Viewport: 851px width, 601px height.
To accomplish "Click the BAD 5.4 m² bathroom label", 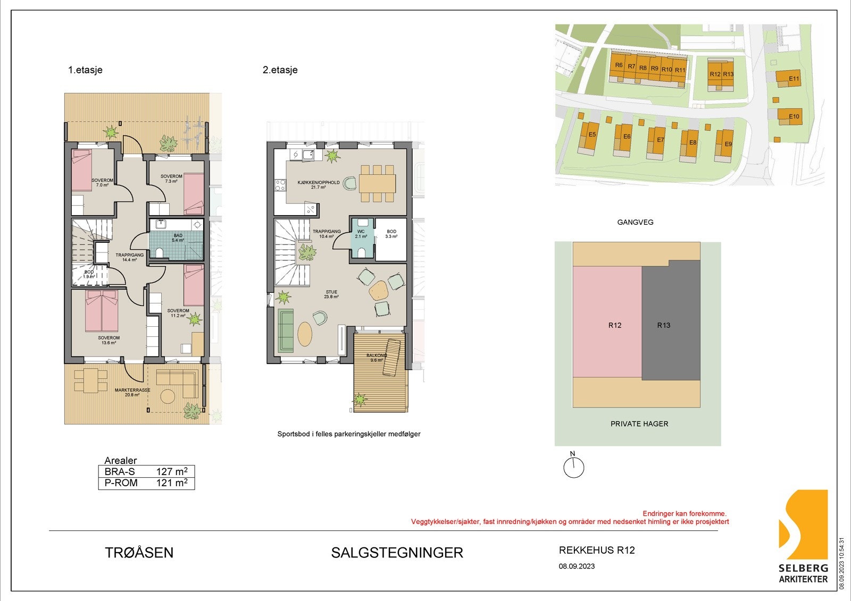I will click(178, 238).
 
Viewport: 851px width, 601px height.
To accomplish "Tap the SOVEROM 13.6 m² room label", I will click(109, 340).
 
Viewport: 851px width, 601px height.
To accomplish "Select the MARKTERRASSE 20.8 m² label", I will click(132, 392).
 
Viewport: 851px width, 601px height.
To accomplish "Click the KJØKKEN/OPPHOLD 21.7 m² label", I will click(318, 184).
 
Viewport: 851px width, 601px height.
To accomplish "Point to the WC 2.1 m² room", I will click(361, 234).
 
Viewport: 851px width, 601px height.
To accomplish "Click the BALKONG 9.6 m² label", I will click(377, 358).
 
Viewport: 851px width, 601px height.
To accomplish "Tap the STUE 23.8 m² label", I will click(331, 294).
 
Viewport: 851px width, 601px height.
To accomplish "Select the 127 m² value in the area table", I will click(171, 471).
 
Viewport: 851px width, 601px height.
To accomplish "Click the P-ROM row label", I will click(121, 483).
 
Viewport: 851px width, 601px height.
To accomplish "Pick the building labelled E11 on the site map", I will click(789, 79).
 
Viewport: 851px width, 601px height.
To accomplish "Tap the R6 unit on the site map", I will click(618, 66).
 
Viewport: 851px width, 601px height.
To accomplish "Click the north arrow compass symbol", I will click(573, 467).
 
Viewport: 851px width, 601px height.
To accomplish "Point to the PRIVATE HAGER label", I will click(639, 424).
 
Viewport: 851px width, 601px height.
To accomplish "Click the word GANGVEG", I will click(635, 222).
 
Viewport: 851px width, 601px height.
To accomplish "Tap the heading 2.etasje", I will click(280, 70).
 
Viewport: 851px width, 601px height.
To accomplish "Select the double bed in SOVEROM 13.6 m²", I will click(102, 311).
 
